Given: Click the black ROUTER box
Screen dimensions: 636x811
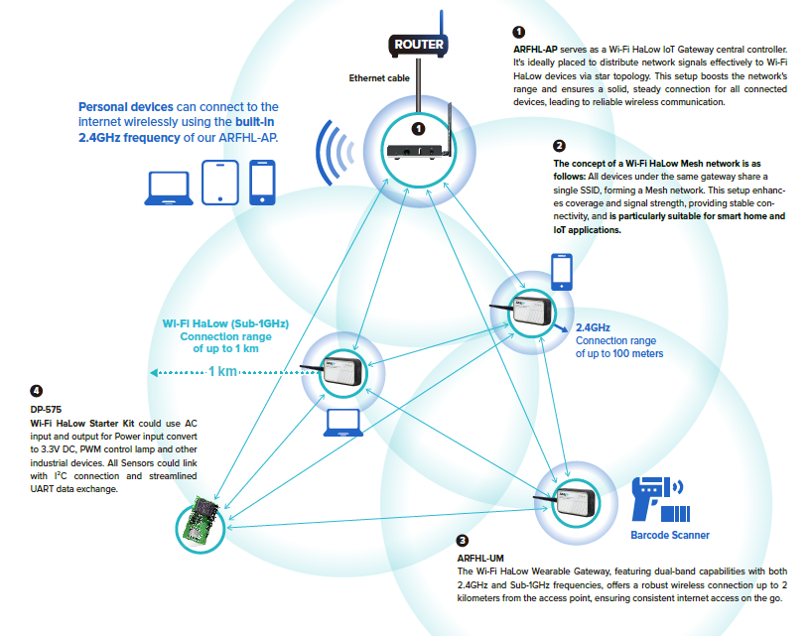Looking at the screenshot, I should tap(419, 45).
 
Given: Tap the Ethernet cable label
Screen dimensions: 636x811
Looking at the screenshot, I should tap(378, 77).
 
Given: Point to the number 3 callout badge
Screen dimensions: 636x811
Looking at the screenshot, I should tap(463, 541).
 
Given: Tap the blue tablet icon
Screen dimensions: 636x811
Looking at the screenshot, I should tap(219, 182).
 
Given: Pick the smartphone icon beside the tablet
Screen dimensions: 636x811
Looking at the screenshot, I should tap(262, 182).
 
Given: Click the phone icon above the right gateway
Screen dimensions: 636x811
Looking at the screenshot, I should tap(562, 270).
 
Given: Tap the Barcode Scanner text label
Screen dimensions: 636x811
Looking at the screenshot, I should tap(670, 536).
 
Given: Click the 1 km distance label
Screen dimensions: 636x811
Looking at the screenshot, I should tap(222, 372).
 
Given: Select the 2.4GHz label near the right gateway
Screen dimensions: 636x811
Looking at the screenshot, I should tap(593, 327).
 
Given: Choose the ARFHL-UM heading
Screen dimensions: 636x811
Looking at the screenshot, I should tap(480, 559).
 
